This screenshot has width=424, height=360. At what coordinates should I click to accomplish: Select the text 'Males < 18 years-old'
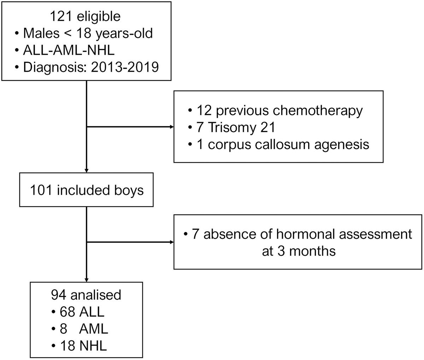[x=88, y=34]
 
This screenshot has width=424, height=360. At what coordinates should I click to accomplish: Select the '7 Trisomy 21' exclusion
[x=236, y=127]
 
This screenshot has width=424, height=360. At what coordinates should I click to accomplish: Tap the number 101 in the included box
[x=42, y=190]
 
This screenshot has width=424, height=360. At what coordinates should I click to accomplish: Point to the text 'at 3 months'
[x=299, y=251]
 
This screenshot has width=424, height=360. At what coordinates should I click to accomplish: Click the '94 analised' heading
[x=86, y=295]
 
